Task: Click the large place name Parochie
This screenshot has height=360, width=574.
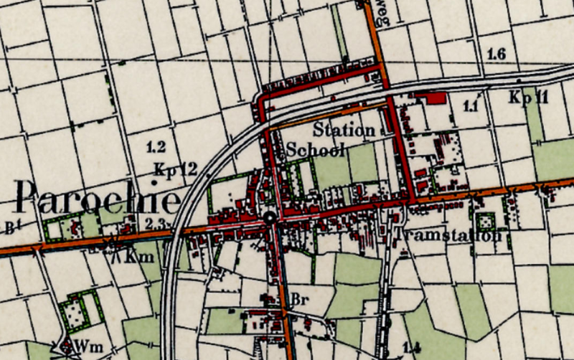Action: (98, 196)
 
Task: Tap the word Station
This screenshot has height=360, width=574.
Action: (344, 131)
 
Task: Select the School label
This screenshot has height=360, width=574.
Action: (316, 150)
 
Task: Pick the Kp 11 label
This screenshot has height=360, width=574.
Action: (529, 97)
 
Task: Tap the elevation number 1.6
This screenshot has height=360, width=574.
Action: (496, 55)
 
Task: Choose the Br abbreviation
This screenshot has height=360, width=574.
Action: (299, 299)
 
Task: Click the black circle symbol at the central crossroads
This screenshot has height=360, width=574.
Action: (270, 218)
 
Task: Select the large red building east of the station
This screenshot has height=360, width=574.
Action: (430, 98)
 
